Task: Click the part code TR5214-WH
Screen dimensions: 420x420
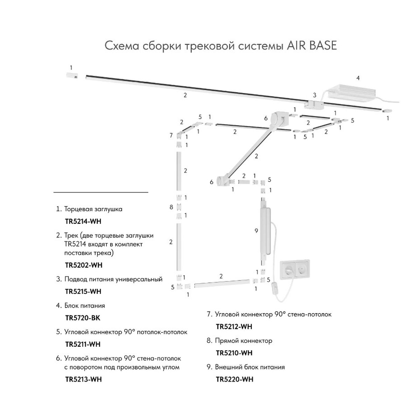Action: point(83,222)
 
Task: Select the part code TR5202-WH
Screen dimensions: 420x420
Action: point(84,265)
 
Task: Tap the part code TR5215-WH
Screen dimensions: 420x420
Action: point(83,292)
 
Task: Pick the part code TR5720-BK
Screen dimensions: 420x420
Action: point(83,318)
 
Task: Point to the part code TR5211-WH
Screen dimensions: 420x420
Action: point(83,344)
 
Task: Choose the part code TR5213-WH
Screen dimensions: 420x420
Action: point(83,379)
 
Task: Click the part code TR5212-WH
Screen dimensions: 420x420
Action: point(234,327)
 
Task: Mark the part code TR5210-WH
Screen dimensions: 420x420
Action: point(234,353)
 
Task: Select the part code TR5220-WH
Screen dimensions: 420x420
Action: point(234,379)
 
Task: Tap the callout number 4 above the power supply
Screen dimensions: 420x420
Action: point(358,78)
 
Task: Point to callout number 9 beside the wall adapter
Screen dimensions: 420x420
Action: point(256,231)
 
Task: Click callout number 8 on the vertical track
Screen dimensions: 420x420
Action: point(171,207)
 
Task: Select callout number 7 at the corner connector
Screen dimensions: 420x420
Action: point(171,135)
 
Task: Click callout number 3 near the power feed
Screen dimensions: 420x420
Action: point(314,95)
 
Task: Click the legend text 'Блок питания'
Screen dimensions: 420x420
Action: point(85,306)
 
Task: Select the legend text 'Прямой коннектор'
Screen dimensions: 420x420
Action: point(244,341)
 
